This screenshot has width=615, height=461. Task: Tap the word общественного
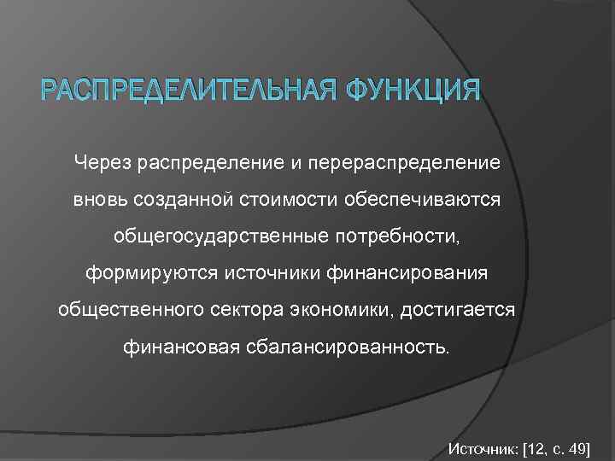click(x=124, y=311)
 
